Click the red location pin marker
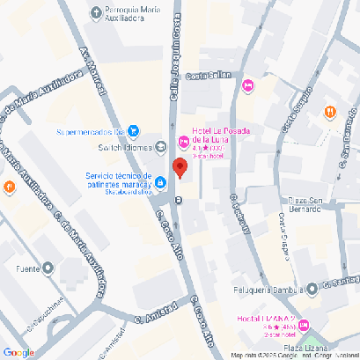(180, 168)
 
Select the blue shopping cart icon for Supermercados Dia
(133, 132)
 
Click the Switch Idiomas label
(122, 146)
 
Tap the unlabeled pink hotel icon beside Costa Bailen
(248, 85)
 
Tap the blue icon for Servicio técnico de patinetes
(161, 183)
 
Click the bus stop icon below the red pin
(179, 200)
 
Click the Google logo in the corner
(18, 352)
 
